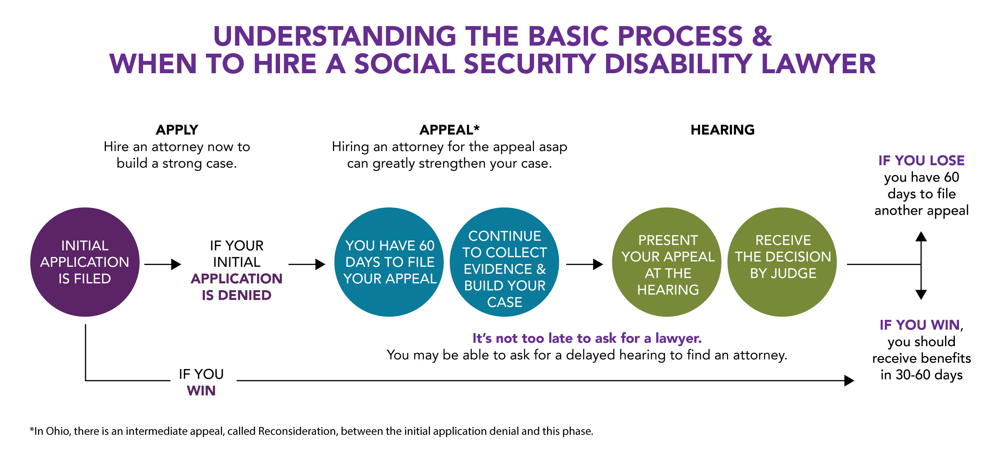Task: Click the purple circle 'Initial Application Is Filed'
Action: pyautogui.click(x=85, y=262)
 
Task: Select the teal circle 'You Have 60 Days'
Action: pyautogui.click(x=389, y=262)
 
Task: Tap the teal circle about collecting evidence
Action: pyautogui.click(x=504, y=262)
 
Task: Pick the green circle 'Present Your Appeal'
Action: pyautogui.click(x=667, y=262)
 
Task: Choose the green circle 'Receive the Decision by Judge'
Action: pyautogui.click(x=782, y=262)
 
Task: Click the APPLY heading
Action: pyautogui.click(x=177, y=130)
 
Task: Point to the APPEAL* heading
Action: pyautogui.click(x=450, y=130)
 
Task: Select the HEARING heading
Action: pyautogui.click(x=723, y=130)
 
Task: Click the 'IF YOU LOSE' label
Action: pyautogui.click(x=921, y=160)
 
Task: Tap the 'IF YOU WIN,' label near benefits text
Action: pyautogui.click(x=921, y=325)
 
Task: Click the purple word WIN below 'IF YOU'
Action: pyautogui.click(x=201, y=391)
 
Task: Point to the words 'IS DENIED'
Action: pyautogui.click(x=237, y=295)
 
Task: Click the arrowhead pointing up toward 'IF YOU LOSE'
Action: pyautogui.click(x=921, y=236)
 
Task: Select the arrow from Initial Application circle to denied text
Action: pyautogui.click(x=163, y=264)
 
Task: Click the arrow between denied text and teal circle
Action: pyautogui.click(x=307, y=264)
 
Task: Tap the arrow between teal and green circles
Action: pyautogui.click(x=585, y=264)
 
